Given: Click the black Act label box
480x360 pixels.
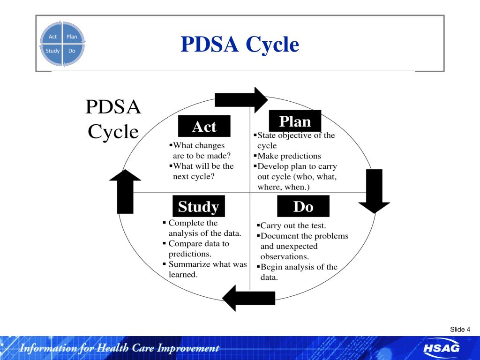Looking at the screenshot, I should (204, 126).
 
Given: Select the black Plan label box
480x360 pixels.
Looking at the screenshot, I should (295, 121).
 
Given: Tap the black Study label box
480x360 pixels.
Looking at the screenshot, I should (198, 206).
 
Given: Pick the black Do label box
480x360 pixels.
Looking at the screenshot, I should (303, 206).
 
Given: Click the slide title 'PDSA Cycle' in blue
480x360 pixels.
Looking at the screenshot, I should (240, 45).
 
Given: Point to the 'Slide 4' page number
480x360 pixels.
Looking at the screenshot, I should (460, 330).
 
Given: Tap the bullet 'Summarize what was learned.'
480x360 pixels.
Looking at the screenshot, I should (206, 270).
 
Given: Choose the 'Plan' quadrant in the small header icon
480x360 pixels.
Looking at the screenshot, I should (72, 37).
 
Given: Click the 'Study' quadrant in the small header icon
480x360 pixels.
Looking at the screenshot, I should (52, 51).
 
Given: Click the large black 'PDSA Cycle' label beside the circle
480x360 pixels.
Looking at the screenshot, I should (113, 119).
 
